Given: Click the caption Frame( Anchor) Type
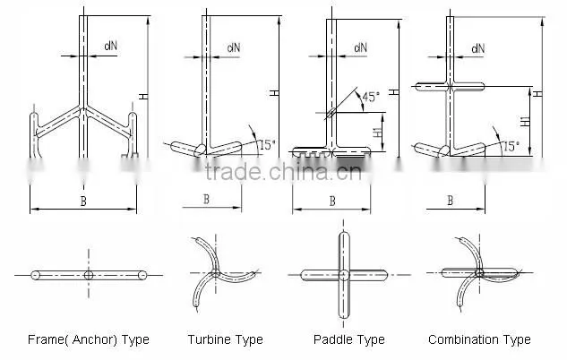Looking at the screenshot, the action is [x=89, y=339].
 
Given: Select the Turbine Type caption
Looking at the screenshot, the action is [x=226, y=339].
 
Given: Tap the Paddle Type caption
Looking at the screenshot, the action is [x=349, y=339].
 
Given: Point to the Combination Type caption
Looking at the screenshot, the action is [x=479, y=339].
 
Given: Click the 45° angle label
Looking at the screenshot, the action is [x=372, y=97].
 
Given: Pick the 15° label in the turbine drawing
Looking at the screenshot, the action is [x=267, y=145].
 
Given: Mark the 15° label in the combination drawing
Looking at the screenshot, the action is [x=511, y=146].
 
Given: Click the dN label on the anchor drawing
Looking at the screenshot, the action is [x=111, y=46].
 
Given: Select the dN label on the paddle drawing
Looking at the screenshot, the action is [x=360, y=47].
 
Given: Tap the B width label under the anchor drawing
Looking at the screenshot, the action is [x=83, y=201].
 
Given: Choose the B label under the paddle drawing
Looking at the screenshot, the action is [x=332, y=201].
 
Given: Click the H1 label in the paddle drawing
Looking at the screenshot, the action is [x=378, y=132].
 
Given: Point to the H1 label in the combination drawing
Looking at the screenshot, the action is [x=526, y=121].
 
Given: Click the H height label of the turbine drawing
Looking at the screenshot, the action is [x=275, y=93].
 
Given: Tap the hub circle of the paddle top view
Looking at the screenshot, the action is [x=344, y=275].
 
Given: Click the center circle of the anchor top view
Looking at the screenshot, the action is [x=89, y=276].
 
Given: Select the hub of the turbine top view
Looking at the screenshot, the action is [x=216, y=273].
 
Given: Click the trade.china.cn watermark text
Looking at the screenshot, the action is [x=283, y=172].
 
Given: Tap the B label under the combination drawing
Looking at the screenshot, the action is [x=451, y=201].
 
